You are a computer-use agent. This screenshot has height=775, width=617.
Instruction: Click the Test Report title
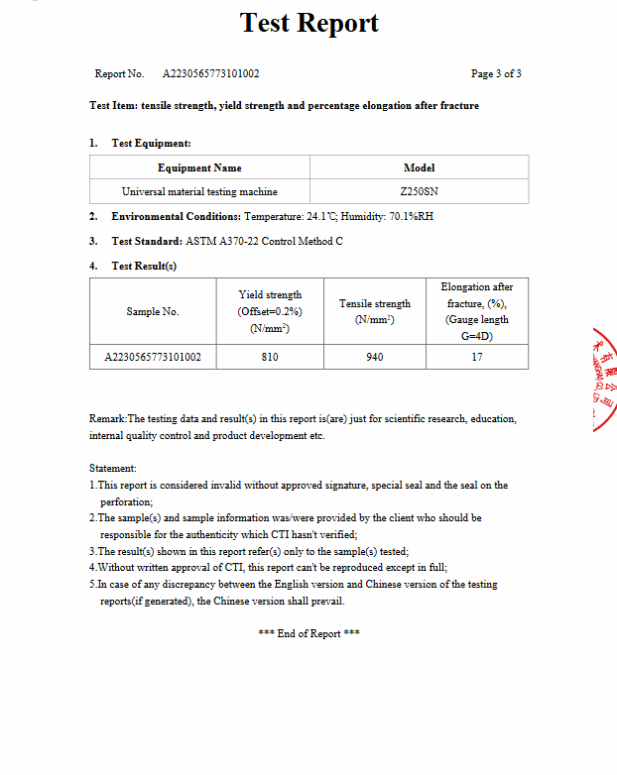[309, 24]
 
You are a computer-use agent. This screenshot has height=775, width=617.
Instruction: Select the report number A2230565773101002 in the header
[211, 74]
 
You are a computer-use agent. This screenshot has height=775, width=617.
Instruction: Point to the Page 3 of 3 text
[496, 74]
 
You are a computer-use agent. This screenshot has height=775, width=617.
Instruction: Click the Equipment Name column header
[199, 167]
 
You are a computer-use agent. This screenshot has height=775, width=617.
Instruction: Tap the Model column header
[419, 167]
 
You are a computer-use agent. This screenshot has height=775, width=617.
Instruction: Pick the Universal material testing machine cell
[199, 191]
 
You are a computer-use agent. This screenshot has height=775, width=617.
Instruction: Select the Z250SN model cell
[419, 191]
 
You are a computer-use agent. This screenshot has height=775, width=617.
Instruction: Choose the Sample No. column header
[153, 311]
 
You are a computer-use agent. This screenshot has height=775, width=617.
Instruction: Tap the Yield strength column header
[270, 311]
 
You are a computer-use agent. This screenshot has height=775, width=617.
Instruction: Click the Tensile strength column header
[375, 311]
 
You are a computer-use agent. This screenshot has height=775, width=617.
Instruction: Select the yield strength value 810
[270, 357]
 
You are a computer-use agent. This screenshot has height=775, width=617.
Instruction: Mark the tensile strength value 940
[375, 357]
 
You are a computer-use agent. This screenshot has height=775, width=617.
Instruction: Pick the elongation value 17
[477, 357]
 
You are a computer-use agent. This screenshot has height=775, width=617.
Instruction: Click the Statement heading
[113, 468]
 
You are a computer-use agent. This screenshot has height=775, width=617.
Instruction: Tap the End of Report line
[308, 633]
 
